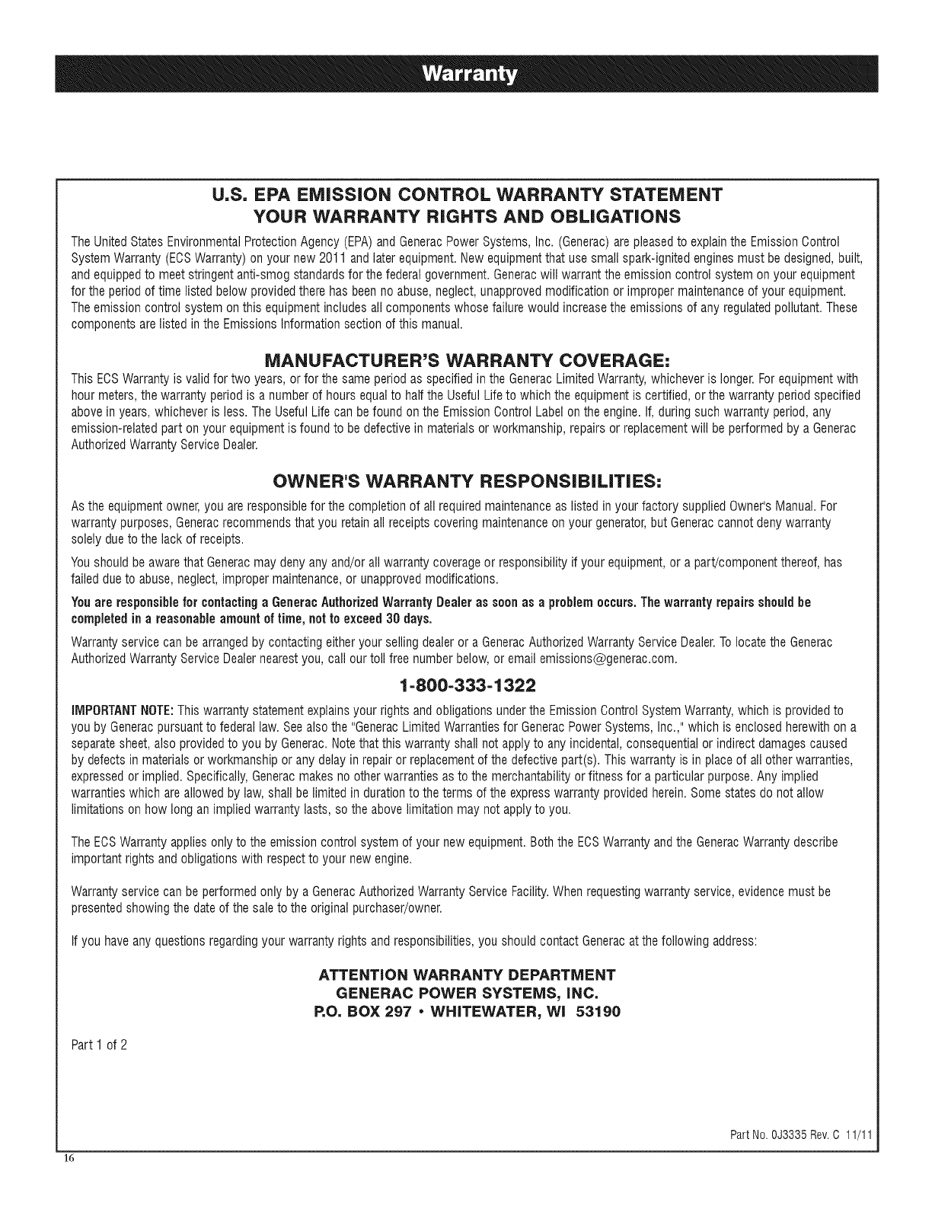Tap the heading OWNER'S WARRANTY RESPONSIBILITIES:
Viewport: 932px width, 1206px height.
(466, 482)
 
